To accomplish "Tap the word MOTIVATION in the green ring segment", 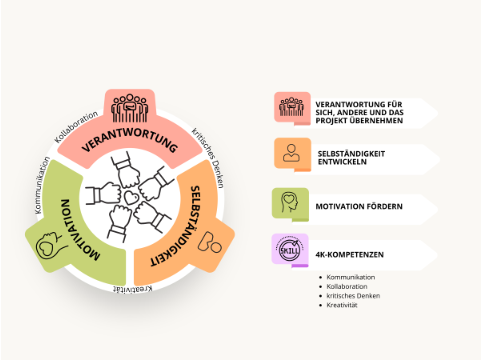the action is point(79,230).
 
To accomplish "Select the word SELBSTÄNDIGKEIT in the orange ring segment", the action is point(180,227).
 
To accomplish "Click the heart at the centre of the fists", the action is point(131,197).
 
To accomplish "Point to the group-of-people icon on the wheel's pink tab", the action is point(129,108).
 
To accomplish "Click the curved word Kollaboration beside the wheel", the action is point(76,126).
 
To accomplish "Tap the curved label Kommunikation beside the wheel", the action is point(42,185).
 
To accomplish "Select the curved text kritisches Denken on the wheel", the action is point(207,157).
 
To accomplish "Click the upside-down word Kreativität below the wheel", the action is point(133,289).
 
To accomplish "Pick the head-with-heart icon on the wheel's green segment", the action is point(50,245).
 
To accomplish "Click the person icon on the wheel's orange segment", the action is point(209,242).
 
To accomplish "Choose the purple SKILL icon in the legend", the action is point(289,250).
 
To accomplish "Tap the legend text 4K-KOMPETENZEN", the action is point(349,255).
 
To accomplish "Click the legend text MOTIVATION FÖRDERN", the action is point(359,206).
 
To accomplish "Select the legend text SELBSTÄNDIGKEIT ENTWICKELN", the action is point(351,158).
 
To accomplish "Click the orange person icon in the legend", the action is point(291,153).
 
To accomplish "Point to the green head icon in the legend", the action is point(290,202).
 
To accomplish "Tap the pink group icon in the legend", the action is point(291,107).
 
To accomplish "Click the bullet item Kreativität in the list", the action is point(342,305).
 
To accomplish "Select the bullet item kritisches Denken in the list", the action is point(353,296).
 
